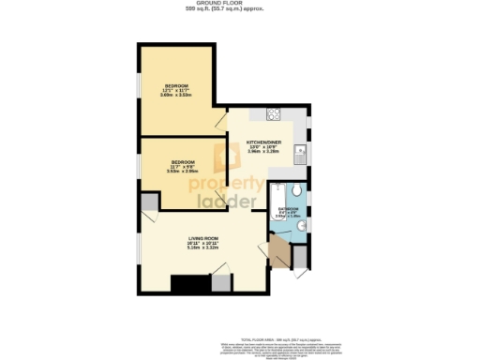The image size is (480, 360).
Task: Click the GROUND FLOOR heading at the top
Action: (x=239, y=5)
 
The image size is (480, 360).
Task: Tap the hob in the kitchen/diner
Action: (x=276, y=115)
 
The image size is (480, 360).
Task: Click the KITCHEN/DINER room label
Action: (x=263, y=142)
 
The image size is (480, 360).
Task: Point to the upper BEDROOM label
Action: (x=175, y=86)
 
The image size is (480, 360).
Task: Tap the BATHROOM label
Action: (x=289, y=208)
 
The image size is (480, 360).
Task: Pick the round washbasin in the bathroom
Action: (x=301, y=226)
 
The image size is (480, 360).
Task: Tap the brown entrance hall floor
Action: (x=278, y=252)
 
